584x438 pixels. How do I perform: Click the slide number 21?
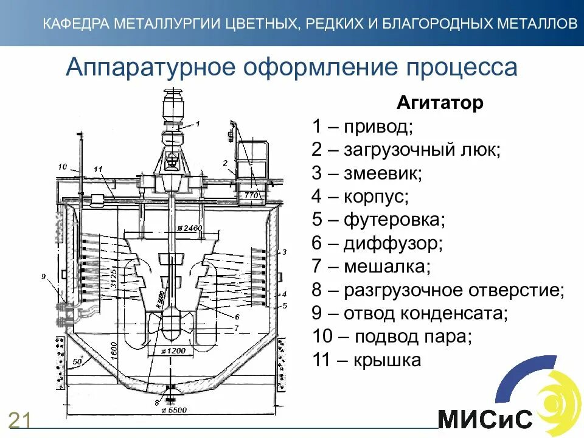coord(20,420)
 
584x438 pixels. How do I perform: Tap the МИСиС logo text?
coord(485,419)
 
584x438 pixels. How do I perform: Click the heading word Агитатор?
coord(440,103)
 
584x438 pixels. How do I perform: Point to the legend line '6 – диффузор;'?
coord(377,244)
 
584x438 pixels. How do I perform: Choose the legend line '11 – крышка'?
coord(366,360)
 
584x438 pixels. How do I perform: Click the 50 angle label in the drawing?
coord(76,363)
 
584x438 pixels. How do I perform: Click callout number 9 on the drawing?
coord(43,277)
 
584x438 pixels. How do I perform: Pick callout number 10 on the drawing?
coord(62,166)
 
